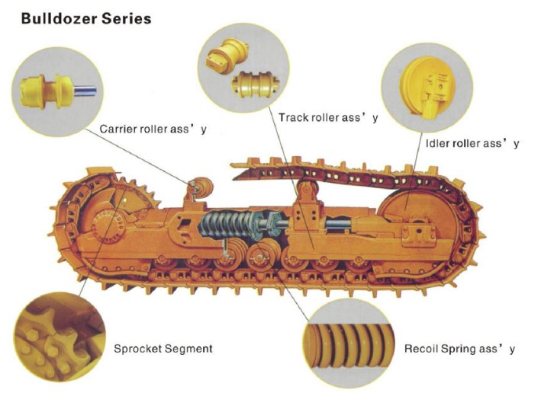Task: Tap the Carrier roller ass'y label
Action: [153, 129]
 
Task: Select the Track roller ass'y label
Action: [328, 117]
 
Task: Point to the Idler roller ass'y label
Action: [472, 143]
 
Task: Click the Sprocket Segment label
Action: [163, 349]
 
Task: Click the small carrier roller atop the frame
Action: [200, 184]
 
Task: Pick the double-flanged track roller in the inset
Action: [253, 81]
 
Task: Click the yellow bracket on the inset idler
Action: [440, 88]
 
